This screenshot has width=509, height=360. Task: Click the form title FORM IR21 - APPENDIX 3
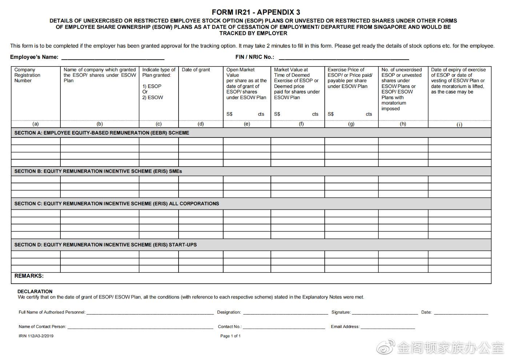tap(256, 12)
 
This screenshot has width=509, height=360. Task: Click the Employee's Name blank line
tap(113, 58)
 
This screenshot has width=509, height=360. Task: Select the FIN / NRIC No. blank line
tap(344, 58)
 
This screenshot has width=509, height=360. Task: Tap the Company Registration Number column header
tap(27, 75)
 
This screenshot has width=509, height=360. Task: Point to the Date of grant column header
tap(196, 70)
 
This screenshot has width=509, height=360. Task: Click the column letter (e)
tap(247, 124)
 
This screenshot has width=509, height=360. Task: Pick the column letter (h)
tap(403, 124)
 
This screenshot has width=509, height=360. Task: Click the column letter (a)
tap(36, 124)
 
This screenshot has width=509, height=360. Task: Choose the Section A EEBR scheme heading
tap(102, 133)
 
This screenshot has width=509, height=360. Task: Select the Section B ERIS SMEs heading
tap(98, 171)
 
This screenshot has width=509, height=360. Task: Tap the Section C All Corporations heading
tap(117, 204)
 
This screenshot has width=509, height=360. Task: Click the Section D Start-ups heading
tap(105, 245)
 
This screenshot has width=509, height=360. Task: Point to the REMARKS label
tap(29, 276)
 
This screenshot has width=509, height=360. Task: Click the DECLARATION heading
tap(35, 292)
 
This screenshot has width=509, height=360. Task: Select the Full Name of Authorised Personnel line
tap(150, 313)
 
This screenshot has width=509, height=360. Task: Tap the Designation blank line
tap(285, 313)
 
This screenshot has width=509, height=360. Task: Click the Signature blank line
tap(385, 313)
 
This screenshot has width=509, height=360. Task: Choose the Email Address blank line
tap(388, 327)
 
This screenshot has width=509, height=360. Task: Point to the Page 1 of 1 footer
tap(231, 336)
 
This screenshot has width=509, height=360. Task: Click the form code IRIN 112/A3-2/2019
tap(36, 336)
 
